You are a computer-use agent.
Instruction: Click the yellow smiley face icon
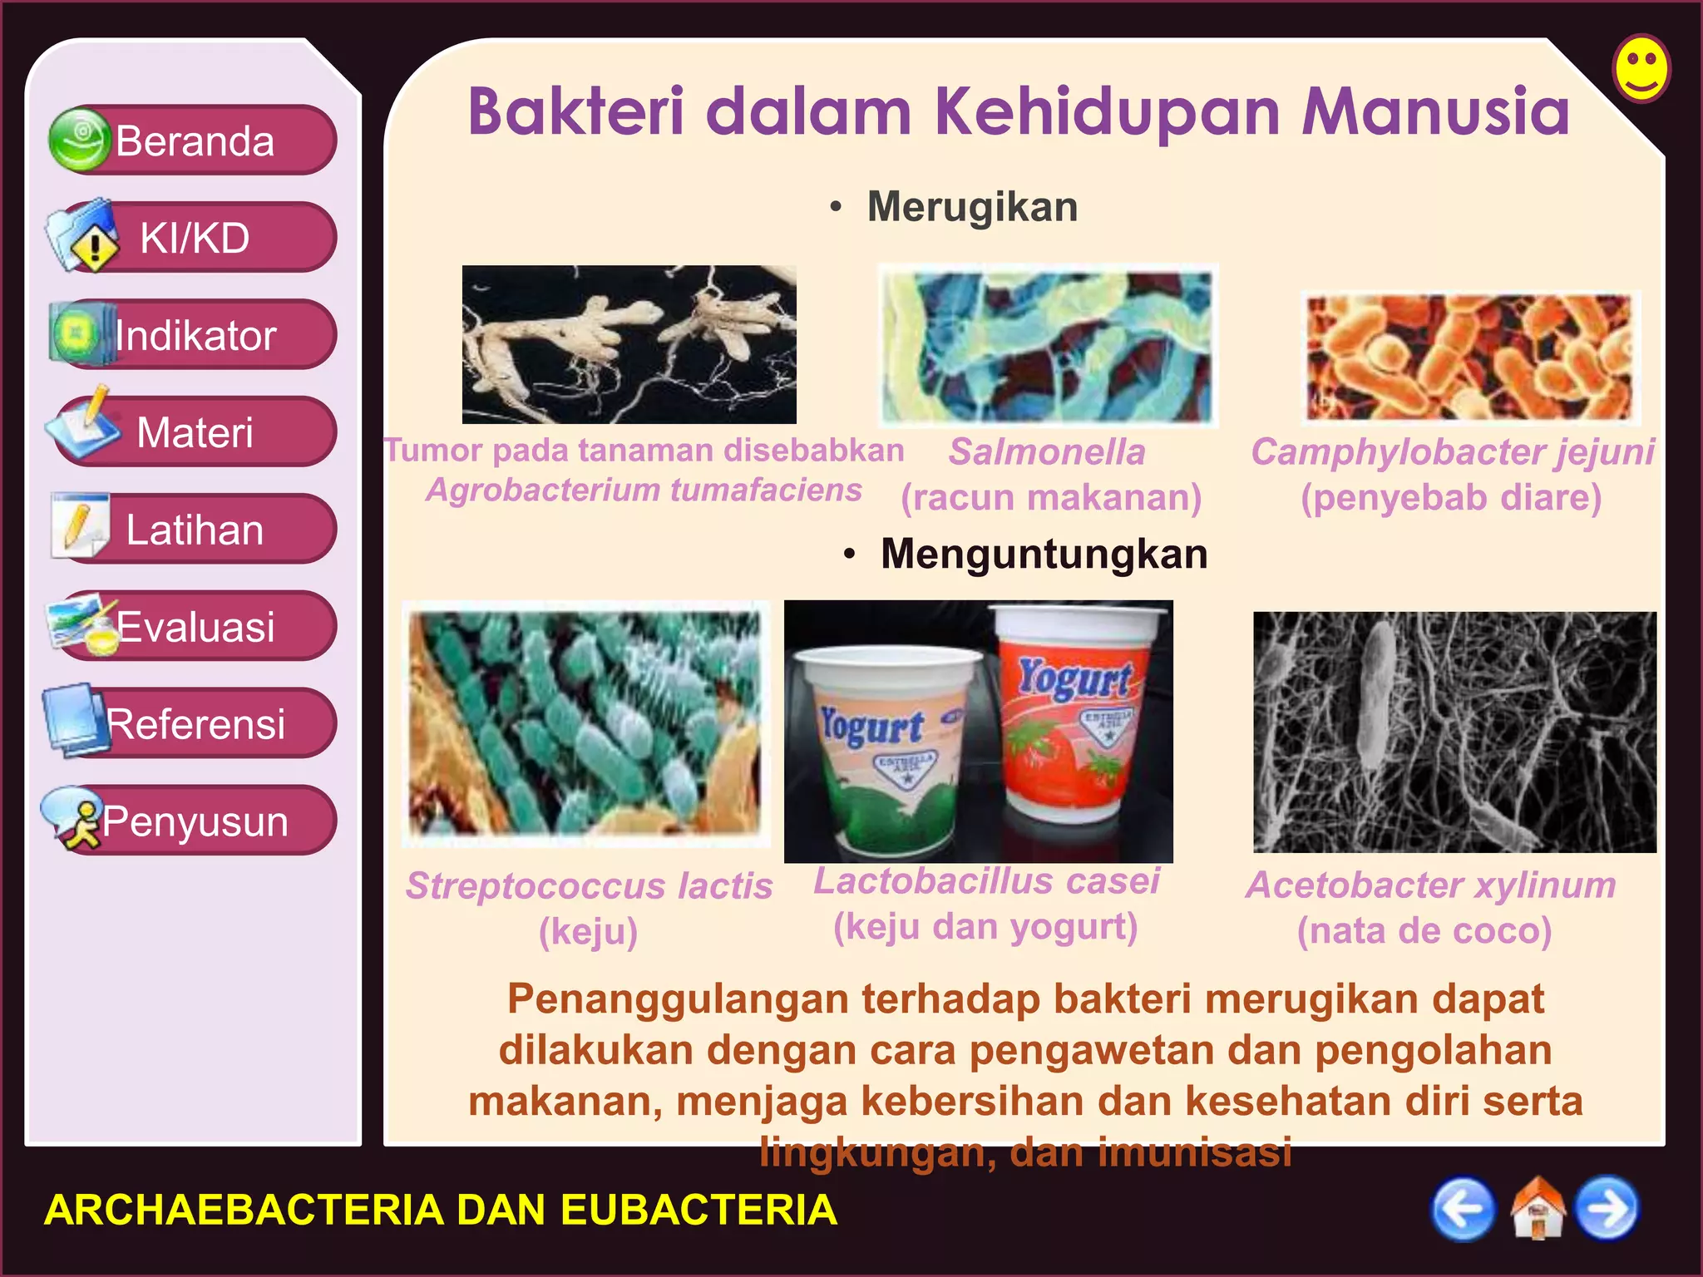[x=1641, y=68]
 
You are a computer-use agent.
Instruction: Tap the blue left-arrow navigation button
[x=1462, y=1208]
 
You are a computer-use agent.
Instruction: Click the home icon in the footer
[x=1537, y=1209]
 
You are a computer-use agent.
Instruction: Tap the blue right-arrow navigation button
[x=1608, y=1208]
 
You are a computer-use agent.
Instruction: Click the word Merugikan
[x=971, y=206]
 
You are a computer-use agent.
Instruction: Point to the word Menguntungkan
[x=1044, y=554]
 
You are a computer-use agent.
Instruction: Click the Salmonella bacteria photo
[x=1047, y=346]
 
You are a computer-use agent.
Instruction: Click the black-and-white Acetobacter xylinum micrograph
[x=1454, y=732]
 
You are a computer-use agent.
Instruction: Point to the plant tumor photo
[x=629, y=344]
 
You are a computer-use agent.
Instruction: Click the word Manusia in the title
[x=1435, y=111]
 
